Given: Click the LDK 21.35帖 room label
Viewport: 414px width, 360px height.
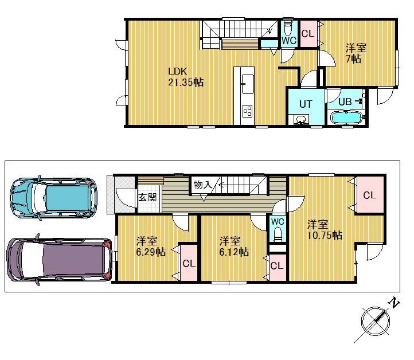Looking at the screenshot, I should coord(185,77).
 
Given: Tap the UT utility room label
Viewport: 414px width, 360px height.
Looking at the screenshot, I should coord(305,104).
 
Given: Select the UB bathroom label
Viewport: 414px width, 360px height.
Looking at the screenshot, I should coord(345,101).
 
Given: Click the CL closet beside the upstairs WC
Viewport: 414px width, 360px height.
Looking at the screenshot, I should coord(307,33).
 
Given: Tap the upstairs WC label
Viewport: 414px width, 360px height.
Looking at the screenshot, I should coord(288,41).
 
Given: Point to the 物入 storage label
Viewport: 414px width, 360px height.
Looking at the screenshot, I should coord(203,185).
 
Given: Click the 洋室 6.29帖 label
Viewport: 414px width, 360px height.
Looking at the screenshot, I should coord(151,246).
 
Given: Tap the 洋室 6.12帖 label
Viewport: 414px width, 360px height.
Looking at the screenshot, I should coord(234,246).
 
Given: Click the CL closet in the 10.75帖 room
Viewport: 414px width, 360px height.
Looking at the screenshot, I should coord(369,195).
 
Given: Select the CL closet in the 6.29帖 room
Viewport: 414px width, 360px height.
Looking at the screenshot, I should coord(188,263).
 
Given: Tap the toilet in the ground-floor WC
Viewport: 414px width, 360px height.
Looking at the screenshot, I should coord(278,232).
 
